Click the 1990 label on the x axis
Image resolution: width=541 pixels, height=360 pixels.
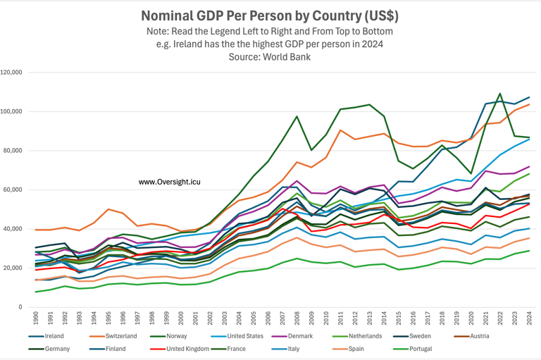[36, 319]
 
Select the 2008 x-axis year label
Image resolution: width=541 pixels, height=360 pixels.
[297, 319]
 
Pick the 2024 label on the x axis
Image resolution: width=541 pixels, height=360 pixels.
[529, 319]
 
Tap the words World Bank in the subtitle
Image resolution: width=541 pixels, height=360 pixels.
[290, 56]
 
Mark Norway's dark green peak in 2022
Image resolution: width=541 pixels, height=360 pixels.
[500, 94]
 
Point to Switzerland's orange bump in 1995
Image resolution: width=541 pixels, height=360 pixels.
[108, 209]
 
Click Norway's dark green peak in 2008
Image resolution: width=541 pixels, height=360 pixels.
[297, 116]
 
